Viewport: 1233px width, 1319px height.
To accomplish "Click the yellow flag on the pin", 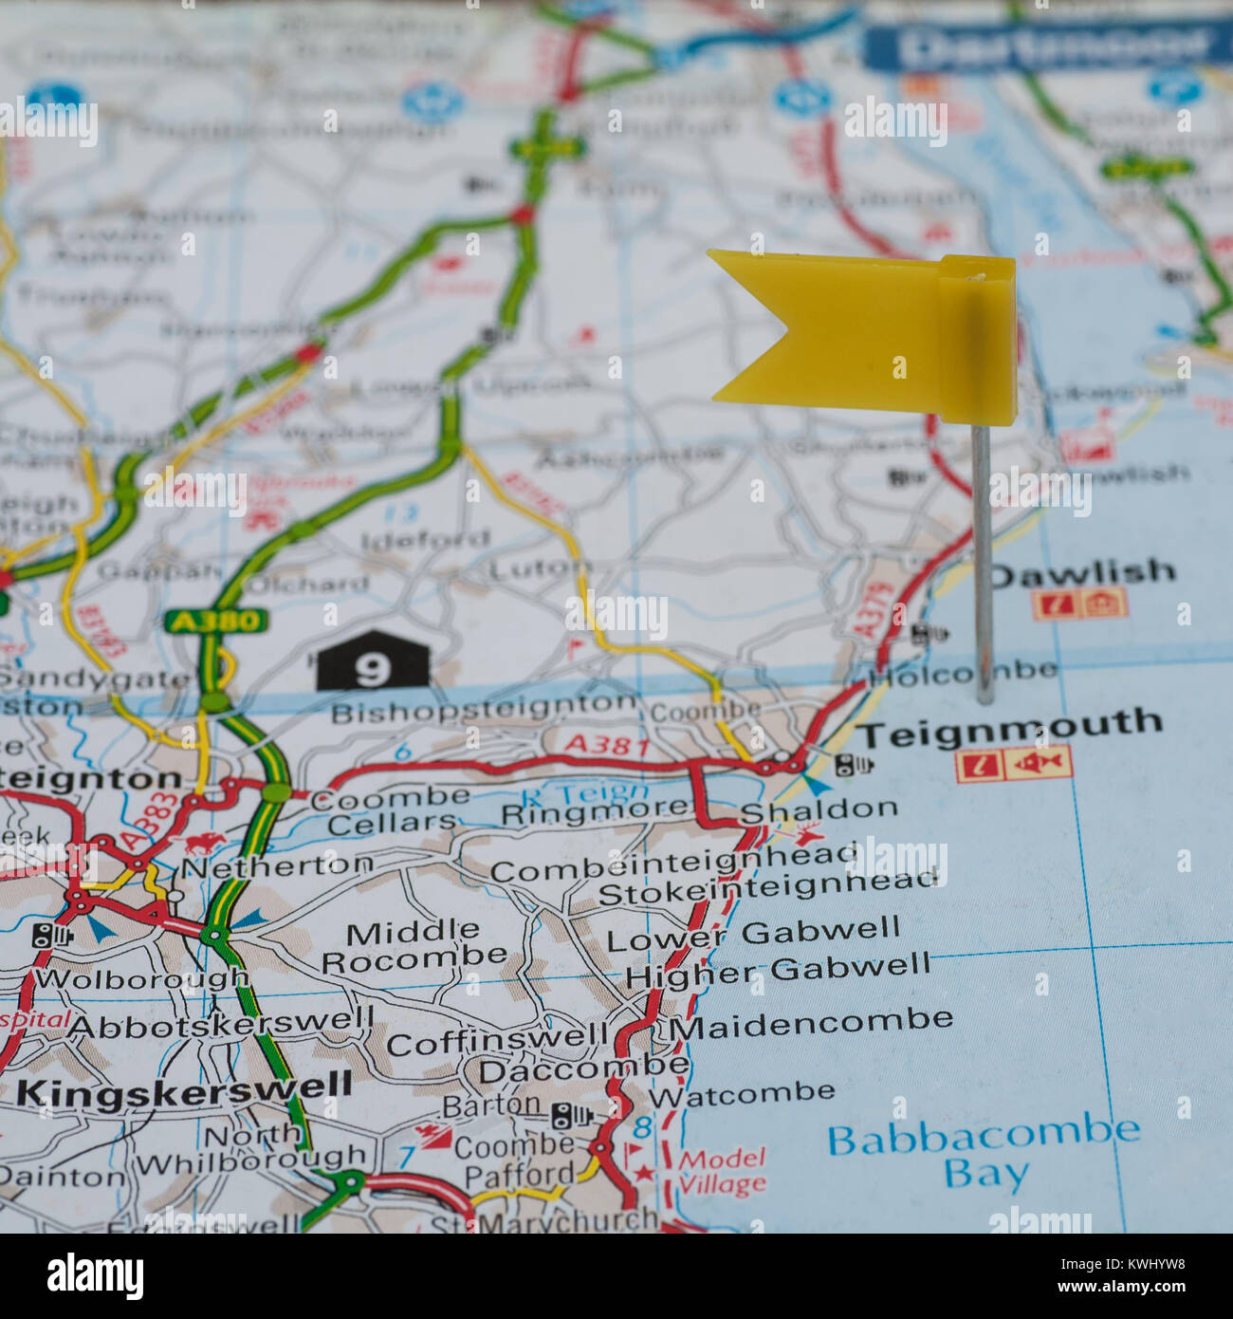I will (863, 332).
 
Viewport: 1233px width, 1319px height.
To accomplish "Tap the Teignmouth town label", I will (1010, 729).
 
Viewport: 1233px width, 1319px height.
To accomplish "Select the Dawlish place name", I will (1082, 573).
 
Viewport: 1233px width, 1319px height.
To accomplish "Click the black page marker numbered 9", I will (372, 662).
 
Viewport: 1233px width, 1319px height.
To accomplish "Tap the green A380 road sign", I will (215, 622).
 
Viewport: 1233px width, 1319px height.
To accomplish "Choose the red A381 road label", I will (607, 745).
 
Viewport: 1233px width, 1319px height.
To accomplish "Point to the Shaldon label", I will (819, 809).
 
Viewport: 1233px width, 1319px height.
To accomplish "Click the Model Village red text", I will (722, 1171).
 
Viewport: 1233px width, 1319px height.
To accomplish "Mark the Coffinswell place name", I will (497, 1041).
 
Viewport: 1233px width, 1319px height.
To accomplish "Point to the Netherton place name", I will (278, 865).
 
